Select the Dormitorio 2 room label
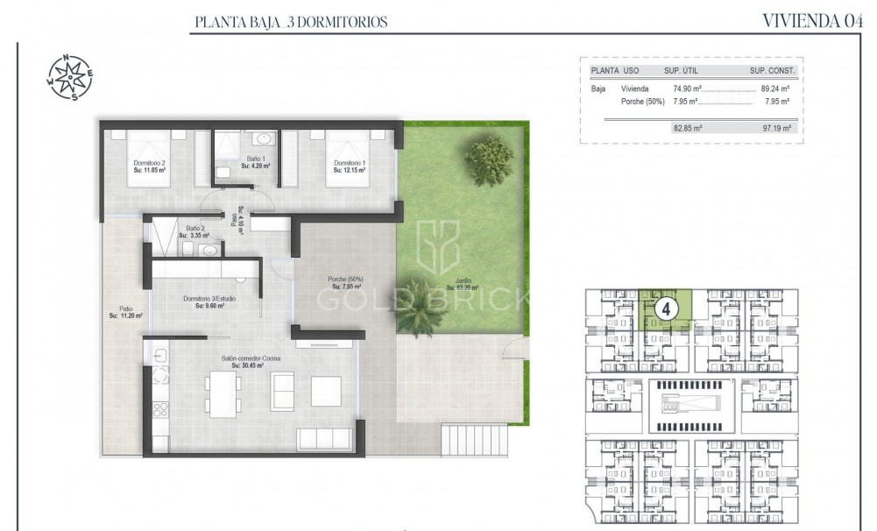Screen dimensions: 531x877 click(150, 166)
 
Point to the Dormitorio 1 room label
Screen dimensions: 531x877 click(350, 166)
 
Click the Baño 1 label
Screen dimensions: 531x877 click(256, 162)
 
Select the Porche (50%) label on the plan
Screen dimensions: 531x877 click(345, 282)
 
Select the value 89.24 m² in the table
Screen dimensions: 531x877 click(774, 88)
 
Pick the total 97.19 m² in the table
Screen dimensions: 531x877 click(774, 127)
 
